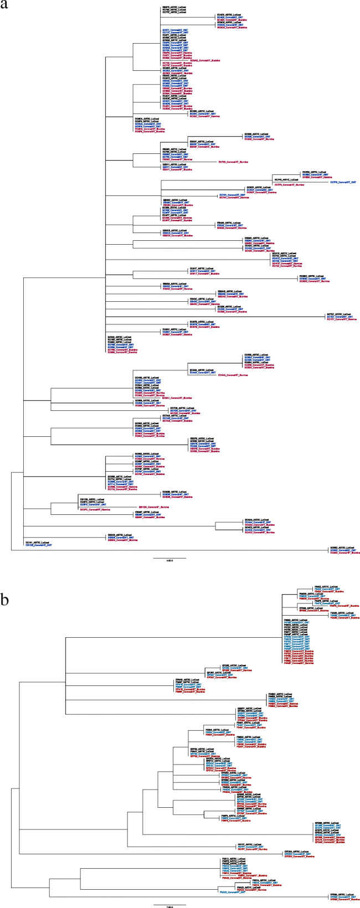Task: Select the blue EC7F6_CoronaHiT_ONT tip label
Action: click(343, 182)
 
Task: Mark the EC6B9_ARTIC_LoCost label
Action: click(313, 172)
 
